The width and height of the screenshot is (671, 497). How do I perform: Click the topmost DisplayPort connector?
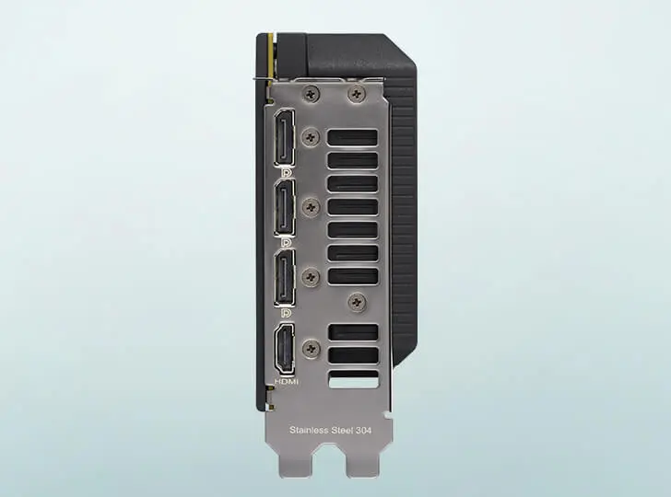285,137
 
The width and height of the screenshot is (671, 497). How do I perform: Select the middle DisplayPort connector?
285,207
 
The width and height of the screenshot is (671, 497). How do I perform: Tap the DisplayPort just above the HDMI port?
285,277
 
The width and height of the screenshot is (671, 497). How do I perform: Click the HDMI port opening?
285,348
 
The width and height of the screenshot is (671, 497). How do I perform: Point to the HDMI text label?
287,381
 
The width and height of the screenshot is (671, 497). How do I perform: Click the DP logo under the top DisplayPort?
287,172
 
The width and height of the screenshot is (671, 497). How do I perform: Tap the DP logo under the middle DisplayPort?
287,243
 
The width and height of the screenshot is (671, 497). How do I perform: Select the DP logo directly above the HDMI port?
287,313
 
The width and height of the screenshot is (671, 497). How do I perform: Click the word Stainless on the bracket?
308,430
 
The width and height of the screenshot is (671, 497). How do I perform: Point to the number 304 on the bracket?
364,430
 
